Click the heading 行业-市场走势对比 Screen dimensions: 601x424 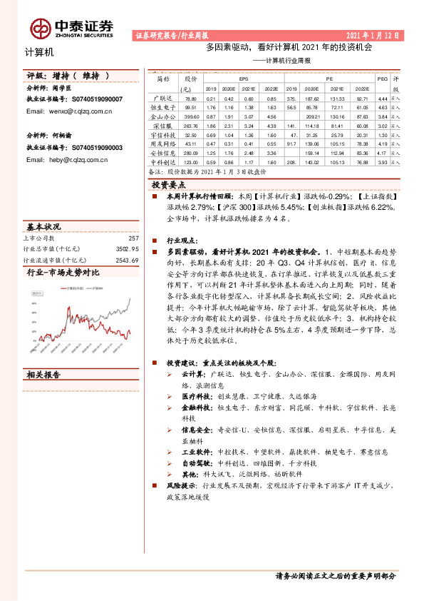pos(63,273)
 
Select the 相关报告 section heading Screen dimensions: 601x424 pos(44,375)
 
